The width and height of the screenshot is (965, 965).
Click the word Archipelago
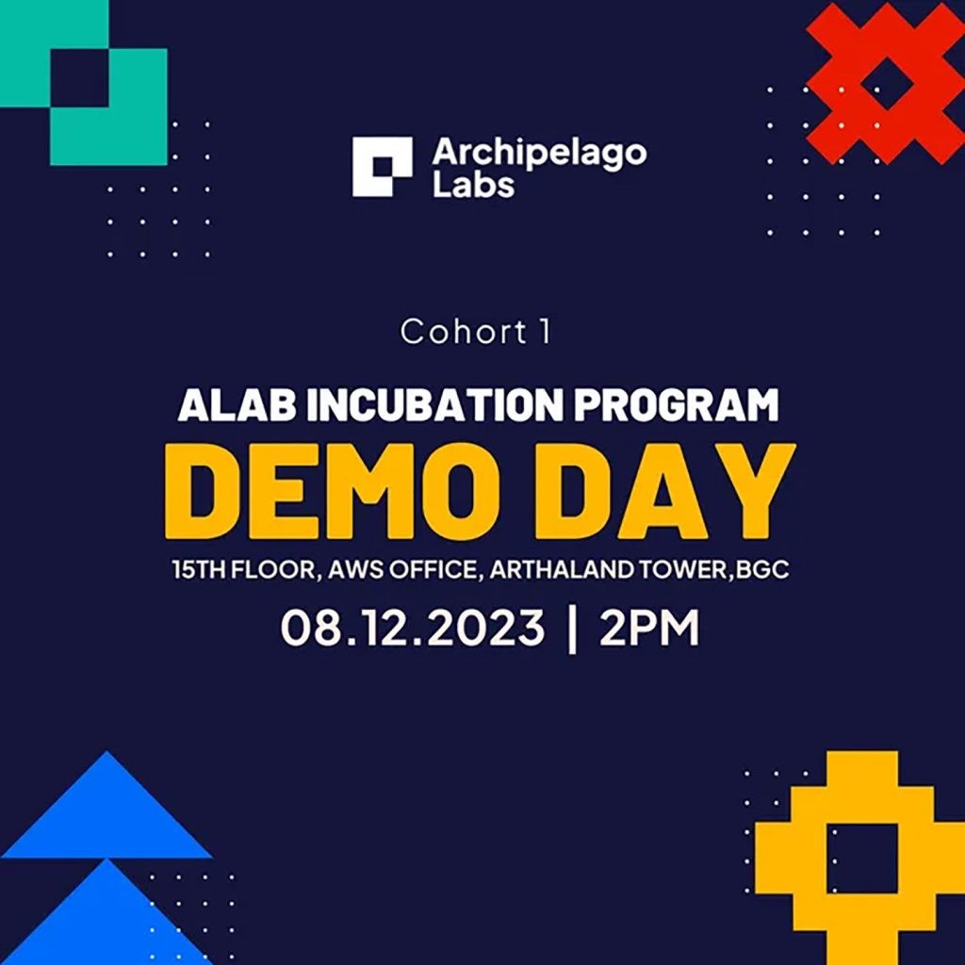539,154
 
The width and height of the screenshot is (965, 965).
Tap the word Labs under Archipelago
473,184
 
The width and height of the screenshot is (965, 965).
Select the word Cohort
464,332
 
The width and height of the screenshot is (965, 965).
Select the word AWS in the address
355,569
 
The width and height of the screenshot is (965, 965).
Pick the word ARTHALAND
561,569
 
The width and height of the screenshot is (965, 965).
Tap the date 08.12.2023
413,627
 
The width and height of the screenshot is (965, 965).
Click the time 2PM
649,627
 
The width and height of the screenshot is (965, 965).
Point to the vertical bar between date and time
572,629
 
